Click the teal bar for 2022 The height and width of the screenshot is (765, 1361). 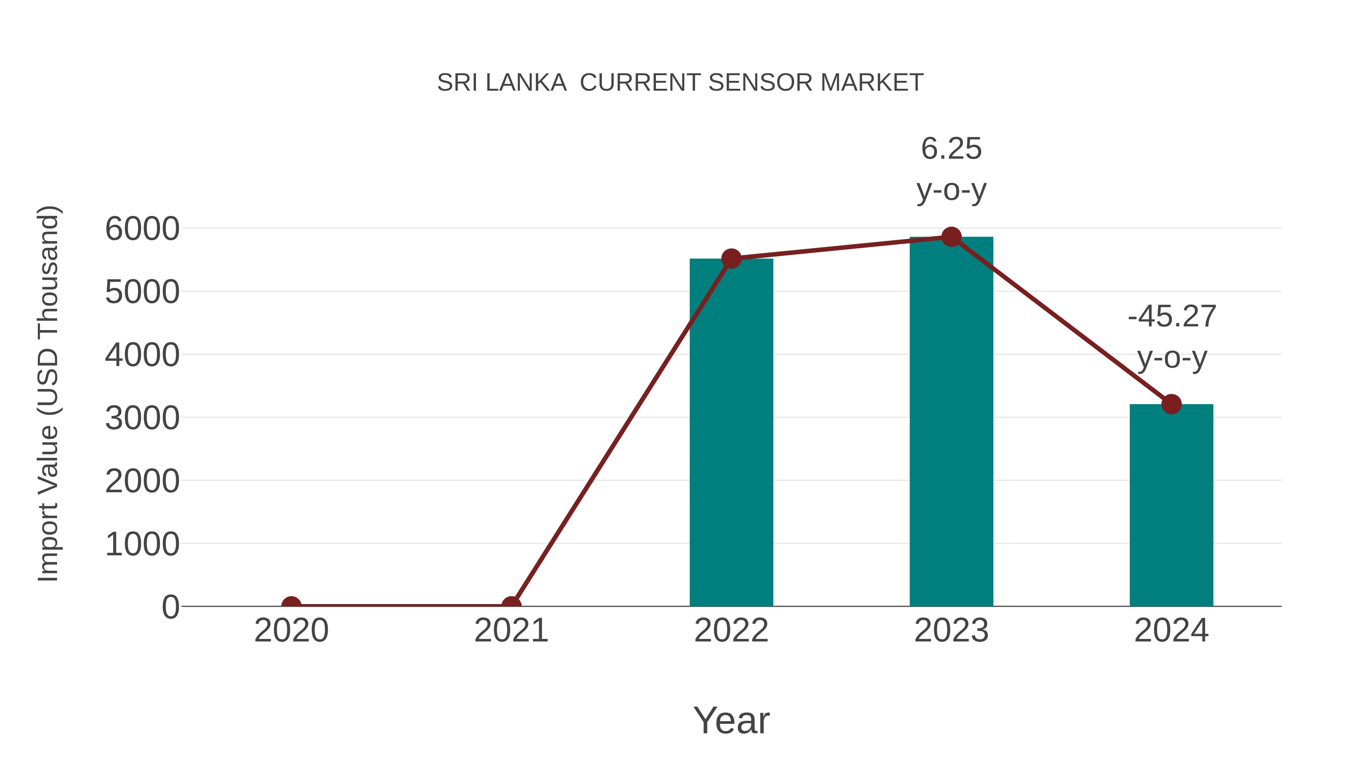[731, 433]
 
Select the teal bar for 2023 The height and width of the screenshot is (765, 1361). [951, 422]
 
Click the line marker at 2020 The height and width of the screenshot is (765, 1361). [291, 606]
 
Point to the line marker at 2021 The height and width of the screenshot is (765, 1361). [511, 606]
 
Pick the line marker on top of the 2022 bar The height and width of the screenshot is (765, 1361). [731, 259]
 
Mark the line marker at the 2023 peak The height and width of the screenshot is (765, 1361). [951, 237]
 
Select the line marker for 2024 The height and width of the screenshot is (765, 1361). [1171, 404]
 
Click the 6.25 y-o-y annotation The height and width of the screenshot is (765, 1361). [951, 169]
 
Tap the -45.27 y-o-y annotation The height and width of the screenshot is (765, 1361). [1171, 337]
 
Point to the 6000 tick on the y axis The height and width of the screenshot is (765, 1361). [142, 229]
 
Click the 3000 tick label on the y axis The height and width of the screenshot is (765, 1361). [142, 418]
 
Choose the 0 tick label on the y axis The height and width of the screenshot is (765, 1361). [170, 607]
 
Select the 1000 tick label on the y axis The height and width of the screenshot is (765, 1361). [142, 544]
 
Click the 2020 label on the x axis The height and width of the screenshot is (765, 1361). [291, 631]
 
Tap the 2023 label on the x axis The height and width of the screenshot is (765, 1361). [951, 631]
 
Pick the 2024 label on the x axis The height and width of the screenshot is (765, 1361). [1171, 631]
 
